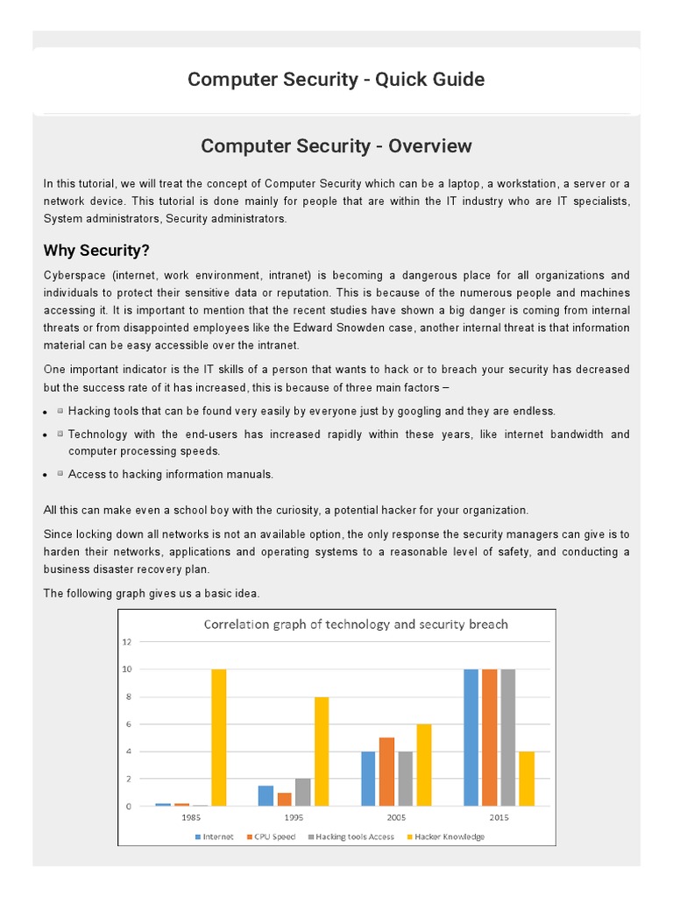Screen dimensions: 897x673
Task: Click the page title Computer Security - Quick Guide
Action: [336, 80]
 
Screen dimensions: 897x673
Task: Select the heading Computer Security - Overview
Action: [336, 146]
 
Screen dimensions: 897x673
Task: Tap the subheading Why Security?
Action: [97, 251]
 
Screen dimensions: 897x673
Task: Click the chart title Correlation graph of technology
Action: [356, 625]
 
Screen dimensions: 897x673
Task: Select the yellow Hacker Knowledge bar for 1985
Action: [219, 738]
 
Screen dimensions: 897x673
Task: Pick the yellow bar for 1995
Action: [322, 752]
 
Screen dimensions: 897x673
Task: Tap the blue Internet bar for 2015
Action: [471, 738]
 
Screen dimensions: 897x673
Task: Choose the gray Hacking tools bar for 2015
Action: [508, 738]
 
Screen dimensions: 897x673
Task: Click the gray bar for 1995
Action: [303, 792]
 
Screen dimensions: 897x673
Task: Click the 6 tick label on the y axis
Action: [128, 724]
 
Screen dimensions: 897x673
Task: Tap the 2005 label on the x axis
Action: [395, 818]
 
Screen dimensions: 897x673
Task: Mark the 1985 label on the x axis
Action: [190, 818]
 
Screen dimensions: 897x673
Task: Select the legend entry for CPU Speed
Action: [273, 837]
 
